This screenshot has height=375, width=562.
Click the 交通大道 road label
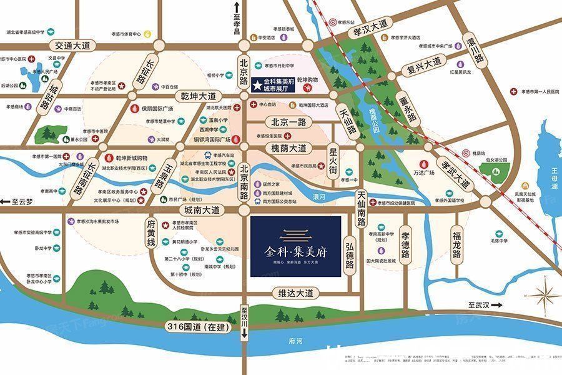point(72,45)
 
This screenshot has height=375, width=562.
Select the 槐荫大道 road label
point(289,148)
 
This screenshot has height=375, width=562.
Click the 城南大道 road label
point(199,210)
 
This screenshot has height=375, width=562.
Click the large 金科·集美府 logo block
point(295,246)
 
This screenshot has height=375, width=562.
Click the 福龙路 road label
point(457,245)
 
